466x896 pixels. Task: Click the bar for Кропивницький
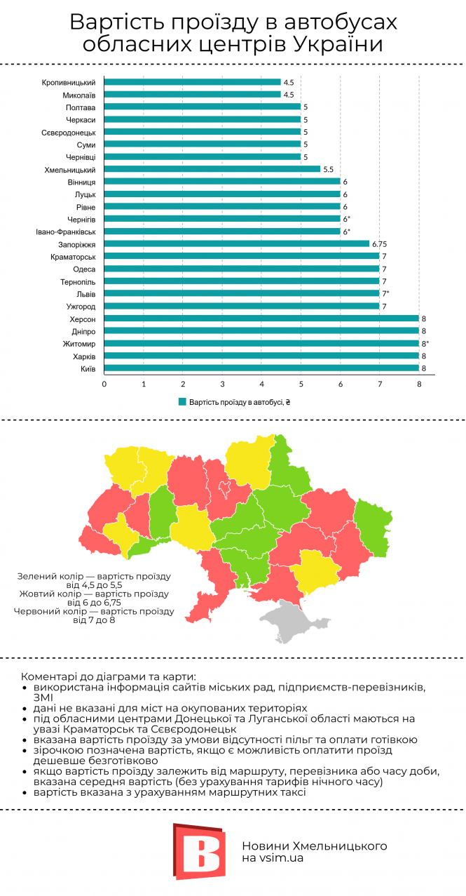click(193, 82)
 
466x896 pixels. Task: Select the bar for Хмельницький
click(212, 169)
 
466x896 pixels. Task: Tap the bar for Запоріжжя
click(237, 244)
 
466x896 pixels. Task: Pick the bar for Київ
click(261, 368)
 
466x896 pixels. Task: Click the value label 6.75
click(380, 244)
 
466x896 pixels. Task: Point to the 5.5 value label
click(328, 169)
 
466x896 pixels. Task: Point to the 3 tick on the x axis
click(222, 384)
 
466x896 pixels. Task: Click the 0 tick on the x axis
click(104, 384)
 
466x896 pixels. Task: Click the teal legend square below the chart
click(182, 402)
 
